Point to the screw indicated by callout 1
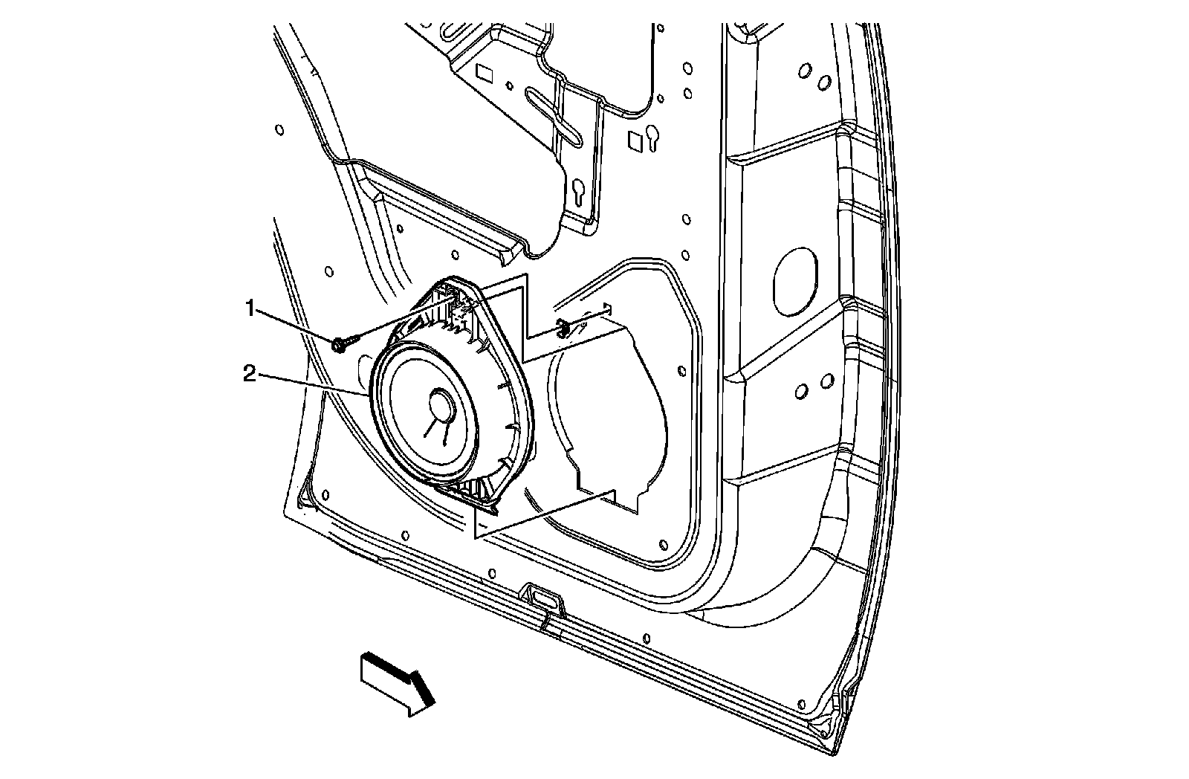340,344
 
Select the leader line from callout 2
312,384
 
